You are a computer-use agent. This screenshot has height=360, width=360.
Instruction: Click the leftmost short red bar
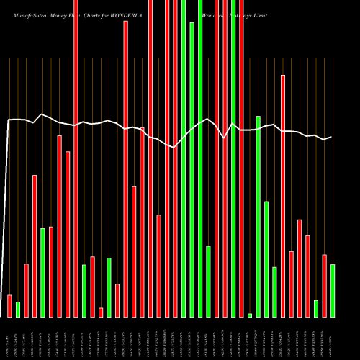pyautogui.click(x=9, y=306)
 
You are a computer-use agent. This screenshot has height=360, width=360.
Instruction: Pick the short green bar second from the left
pyautogui.click(x=18, y=310)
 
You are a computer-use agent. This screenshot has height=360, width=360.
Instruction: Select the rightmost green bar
pyautogui.click(x=333, y=291)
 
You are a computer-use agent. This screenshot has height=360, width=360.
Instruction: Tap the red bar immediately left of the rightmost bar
pyautogui.click(x=325, y=286)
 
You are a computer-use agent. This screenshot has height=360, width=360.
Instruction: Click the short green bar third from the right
pyautogui.click(x=316, y=309)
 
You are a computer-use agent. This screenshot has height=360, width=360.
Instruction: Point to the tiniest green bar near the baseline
pyautogui.click(x=250, y=315)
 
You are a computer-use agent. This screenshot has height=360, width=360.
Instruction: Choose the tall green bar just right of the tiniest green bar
pyautogui.click(x=258, y=216)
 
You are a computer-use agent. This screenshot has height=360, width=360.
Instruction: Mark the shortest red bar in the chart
pyautogui.click(x=101, y=312)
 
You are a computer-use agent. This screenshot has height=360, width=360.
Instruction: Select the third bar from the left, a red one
pyautogui.click(x=26, y=290)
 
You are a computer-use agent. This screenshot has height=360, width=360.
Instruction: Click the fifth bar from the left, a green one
pyautogui.click(x=42, y=273)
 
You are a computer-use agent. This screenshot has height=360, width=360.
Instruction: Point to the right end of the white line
pyautogui.click(x=331, y=137)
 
